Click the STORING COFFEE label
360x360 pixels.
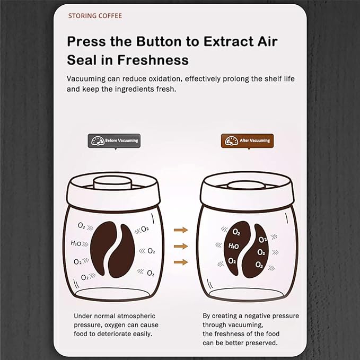[x=95, y=16]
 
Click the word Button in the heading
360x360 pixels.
[x=150, y=41]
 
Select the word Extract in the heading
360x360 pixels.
[x=221, y=41]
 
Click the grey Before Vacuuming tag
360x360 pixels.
[x=114, y=141]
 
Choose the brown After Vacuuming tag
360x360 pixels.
[x=247, y=141]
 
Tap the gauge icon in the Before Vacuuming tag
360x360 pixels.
[x=97, y=141]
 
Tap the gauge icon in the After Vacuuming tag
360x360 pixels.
[x=231, y=141]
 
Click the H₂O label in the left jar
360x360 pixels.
[x=76, y=243]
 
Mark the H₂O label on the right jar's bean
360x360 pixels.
[x=234, y=246]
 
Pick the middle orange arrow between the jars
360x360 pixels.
[x=181, y=246]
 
